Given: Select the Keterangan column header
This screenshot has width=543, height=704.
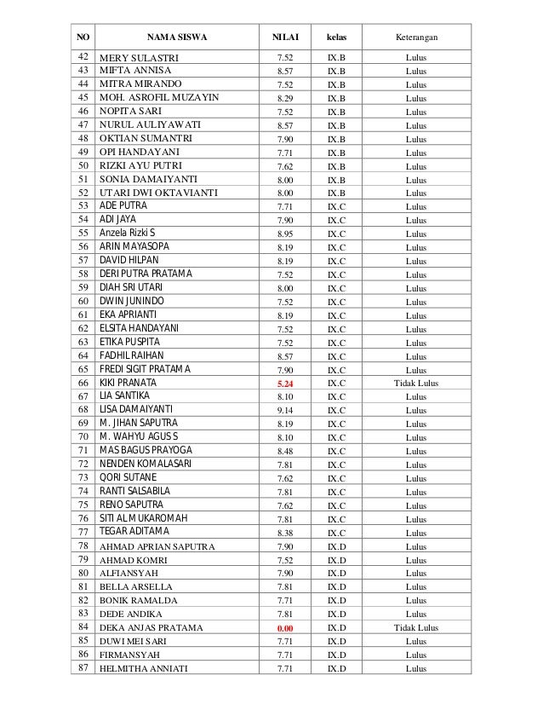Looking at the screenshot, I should point(416,38).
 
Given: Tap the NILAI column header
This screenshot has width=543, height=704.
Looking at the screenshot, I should point(285,38).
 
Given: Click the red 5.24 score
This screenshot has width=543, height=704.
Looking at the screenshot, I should point(285,384).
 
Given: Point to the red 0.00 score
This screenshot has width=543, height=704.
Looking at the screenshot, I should point(285,628).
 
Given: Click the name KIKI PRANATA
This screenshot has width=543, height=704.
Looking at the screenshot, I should point(129,384).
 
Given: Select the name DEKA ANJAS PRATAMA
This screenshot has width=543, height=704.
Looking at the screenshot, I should point(151,628).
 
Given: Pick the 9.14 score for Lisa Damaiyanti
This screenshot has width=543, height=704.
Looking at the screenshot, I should point(285,411).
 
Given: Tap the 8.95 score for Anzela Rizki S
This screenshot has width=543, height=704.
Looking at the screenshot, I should point(285,234).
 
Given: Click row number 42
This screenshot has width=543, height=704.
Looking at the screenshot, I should point(83,57).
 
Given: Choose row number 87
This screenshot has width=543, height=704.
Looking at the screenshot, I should point(83,668).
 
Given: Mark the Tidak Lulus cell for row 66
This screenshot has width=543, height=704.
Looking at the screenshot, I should point(416,384).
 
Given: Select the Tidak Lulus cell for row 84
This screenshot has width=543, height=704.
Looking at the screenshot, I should point(416,628).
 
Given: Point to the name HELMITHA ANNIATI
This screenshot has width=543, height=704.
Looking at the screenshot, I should point(144,669).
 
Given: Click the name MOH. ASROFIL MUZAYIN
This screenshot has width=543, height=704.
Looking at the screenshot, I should point(159,98).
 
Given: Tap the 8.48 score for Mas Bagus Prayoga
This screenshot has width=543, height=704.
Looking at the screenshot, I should point(285,452).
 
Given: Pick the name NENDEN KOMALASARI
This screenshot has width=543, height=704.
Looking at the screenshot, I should point(146,465).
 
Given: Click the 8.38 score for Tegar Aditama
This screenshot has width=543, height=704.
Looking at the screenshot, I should point(285,533).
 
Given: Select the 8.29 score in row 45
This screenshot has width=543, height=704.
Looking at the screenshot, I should point(285,98).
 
